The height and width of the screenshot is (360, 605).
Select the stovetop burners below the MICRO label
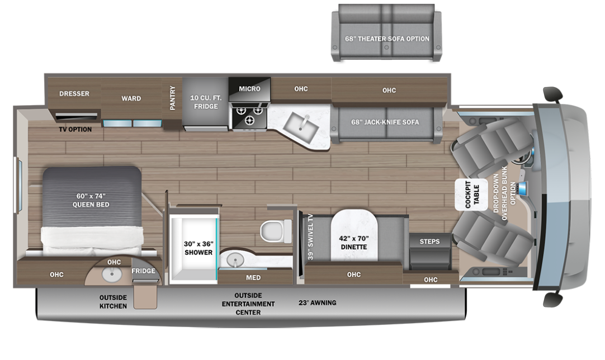click(249, 116)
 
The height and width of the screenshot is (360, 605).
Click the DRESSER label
click(74, 94)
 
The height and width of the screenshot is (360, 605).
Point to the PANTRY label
click(172, 98)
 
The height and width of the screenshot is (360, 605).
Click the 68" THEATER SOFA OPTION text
click(387, 39)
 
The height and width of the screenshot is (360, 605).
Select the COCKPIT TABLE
click(472, 193)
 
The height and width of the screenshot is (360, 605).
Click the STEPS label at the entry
click(430, 241)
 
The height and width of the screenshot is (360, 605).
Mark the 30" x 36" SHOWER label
click(198, 248)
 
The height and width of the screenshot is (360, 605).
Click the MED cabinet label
click(253, 277)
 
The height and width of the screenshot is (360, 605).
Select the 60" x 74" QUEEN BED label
click(91, 200)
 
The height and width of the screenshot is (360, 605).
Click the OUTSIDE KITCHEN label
click(113, 302)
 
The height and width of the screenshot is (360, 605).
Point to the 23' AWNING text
click(317, 303)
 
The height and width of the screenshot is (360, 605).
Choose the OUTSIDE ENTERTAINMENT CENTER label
click(248, 304)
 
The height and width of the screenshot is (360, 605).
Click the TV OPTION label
click(75, 130)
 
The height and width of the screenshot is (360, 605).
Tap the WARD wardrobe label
click(131, 98)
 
